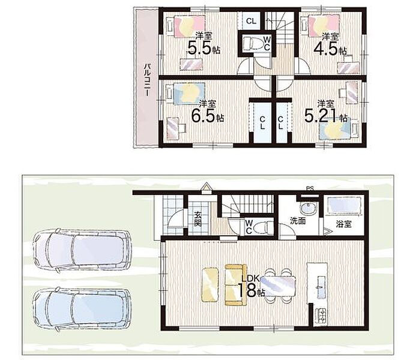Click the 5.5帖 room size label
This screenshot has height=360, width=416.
point(203,48)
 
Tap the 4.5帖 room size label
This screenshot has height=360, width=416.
point(330,49)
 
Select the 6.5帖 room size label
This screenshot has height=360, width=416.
point(208,116)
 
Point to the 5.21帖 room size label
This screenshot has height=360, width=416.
point(326,116)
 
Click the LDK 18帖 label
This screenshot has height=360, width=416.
point(251,286)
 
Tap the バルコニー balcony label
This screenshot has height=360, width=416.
point(148,80)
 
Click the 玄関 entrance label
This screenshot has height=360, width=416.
point(197,218)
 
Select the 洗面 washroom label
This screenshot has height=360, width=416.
point(298,221)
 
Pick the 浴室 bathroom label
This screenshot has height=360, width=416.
point(343,224)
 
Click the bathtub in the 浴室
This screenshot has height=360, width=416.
point(345,205)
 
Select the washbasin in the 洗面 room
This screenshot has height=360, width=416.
point(309,208)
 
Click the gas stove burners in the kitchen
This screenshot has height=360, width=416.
point(321,316)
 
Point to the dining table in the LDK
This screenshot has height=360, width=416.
point(278,286)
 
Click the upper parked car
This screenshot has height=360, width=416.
point(82,250)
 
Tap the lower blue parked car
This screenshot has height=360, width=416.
point(82,310)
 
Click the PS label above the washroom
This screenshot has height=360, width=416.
point(310,189)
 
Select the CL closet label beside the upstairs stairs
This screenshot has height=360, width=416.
point(251,21)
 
